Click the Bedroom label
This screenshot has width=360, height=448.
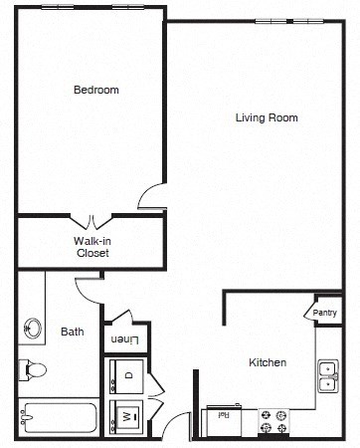tap(96, 91)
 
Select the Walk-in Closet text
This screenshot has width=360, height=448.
tap(92, 247)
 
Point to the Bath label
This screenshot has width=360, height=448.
tap(72, 332)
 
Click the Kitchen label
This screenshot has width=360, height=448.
tap(268, 362)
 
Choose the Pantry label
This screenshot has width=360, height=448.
tap(324, 313)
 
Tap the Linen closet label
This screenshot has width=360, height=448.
tap(124, 340)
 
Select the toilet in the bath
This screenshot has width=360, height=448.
tap(32, 371)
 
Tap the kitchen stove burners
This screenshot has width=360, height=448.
tap(273, 421)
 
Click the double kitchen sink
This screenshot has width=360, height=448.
tap(326, 375)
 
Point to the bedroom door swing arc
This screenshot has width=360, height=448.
tap(151, 196)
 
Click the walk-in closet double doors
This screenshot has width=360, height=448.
tap(92, 221)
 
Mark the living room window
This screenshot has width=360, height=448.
tap(277, 21)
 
